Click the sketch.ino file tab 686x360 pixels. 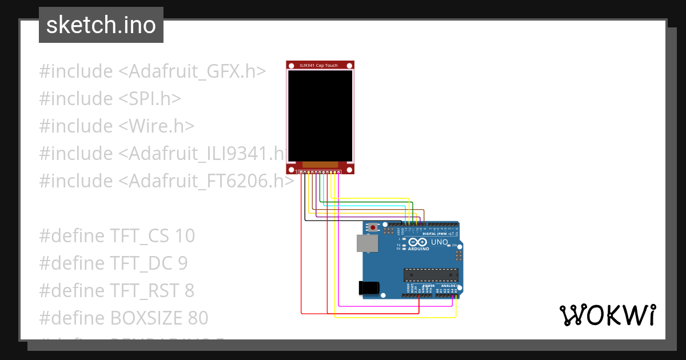coord(101,25)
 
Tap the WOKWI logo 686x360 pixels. coord(607,315)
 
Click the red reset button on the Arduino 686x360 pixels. coord(373,227)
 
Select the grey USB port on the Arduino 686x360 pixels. coord(367,244)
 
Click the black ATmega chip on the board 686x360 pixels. coord(431,274)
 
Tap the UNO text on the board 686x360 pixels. coord(439,242)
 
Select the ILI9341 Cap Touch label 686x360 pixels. coord(319,65)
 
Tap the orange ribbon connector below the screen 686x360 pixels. coord(320,165)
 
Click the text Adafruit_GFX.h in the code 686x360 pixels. coord(192,71)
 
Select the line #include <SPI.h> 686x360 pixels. coord(110,99)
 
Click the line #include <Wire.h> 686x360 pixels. coord(117,126)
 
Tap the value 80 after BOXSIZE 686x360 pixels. coord(198,318)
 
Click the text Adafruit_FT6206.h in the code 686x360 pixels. coord(207,181)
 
